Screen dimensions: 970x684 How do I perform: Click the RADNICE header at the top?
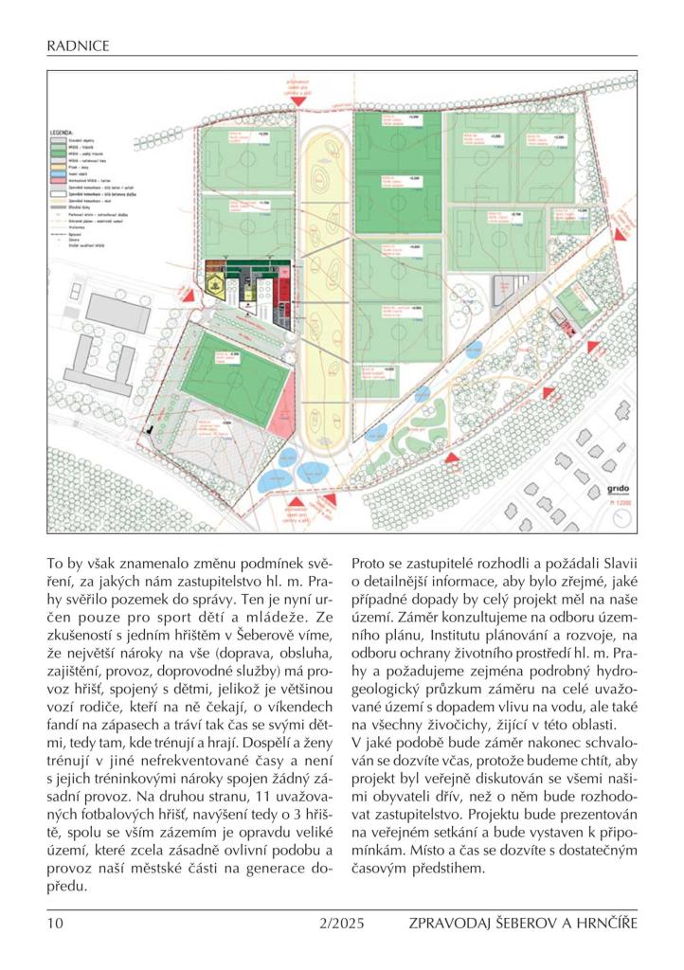pos(78,45)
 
